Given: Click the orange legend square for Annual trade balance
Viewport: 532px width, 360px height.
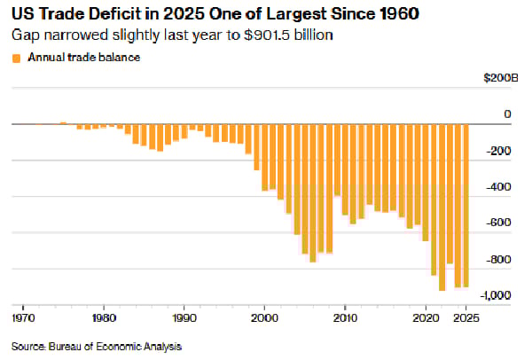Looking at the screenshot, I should click(x=16, y=58).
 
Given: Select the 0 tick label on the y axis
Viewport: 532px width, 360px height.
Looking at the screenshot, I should click(x=508, y=114).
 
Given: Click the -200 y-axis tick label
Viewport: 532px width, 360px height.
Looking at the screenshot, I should click(x=501, y=151).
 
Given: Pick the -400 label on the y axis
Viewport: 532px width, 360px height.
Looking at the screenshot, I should click(x=501, y=187).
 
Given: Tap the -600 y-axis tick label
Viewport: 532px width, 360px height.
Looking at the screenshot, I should click(x=501, y=223).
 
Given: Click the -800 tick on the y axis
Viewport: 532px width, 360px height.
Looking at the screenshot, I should click(x=501, y=260).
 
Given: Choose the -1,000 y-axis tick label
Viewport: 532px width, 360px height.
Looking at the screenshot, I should click(x=497, y=296).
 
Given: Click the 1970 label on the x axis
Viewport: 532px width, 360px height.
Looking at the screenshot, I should click(x=23, y=316).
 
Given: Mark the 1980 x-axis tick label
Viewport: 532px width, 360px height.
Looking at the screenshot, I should click(x=104, y=316).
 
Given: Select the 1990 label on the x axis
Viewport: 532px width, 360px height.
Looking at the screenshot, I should click(x=184, y=316).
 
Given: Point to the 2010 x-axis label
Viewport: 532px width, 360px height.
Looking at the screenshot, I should click(x=346, y=316).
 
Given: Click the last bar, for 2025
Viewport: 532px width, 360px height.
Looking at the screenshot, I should click(x=466, y=204).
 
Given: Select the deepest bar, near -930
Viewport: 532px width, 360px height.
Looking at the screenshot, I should click(x=442, y=207).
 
